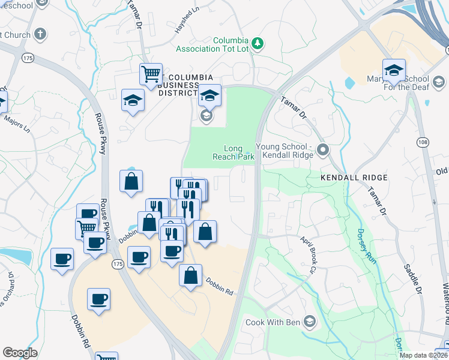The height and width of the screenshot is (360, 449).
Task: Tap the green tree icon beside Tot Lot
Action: (258, 43)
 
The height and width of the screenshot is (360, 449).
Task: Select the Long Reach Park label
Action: (234, 152)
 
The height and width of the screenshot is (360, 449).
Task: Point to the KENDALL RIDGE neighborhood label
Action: (354, 178)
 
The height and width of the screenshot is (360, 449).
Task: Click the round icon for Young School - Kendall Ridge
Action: (323, 149)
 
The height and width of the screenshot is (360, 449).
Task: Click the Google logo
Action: (20, 353)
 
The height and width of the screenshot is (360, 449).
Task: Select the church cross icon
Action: (40, 34)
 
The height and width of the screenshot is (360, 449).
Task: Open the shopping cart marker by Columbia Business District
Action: (151, 74)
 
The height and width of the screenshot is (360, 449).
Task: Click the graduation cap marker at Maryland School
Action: (394, 70)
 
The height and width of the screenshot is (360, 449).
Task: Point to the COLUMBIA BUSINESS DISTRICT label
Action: (178, 85)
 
